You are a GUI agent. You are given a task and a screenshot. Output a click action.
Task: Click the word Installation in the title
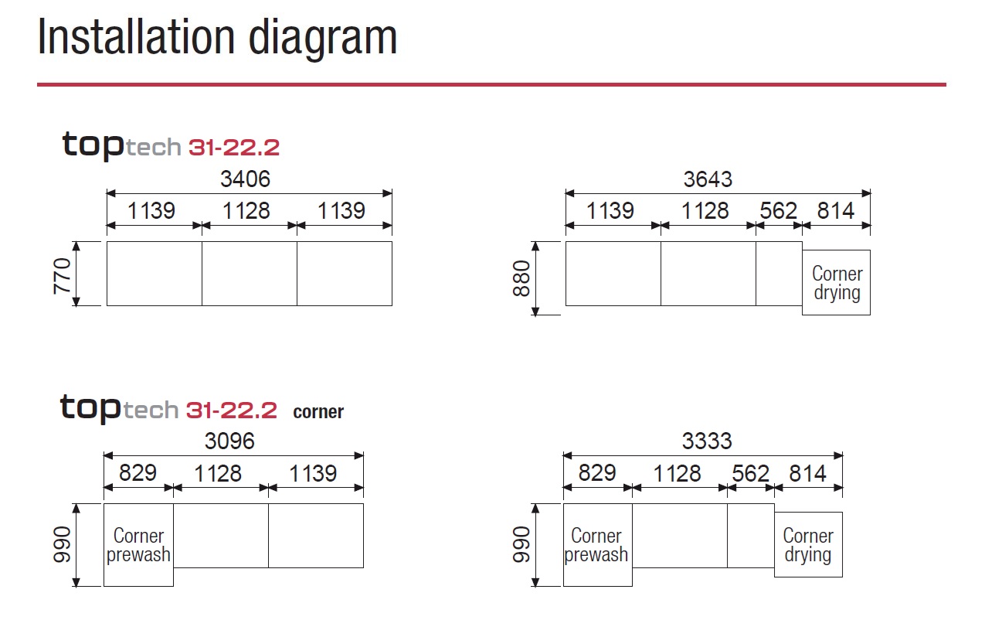(x=136, y=37)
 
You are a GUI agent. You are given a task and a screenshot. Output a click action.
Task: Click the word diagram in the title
(x=323, y=39)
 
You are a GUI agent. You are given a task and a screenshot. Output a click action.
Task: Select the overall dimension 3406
(x=245, y=179)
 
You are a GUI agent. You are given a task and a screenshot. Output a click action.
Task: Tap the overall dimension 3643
(x=708, y=179)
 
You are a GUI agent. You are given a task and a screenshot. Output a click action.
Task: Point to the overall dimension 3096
(x=229, y=441)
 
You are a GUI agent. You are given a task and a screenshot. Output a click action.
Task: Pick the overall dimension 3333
(x=707, y=441)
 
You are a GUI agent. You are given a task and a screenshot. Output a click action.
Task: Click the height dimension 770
(x=62, y=276)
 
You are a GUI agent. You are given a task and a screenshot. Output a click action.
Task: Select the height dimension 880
(x=521, y=278)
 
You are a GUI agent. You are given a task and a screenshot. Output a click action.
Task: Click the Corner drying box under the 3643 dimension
(x=836, y=282)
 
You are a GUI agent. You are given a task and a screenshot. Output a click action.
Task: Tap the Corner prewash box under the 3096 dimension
(x=138, y=545)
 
